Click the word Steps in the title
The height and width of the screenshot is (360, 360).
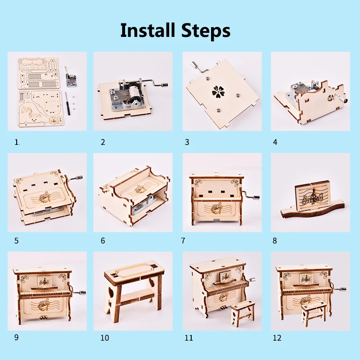(x=206, y=31)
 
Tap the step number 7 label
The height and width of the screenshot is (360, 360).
(x=183, y=241)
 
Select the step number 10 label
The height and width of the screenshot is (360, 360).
(x=105, y=338)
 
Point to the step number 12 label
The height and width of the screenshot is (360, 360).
(x=277, y=338)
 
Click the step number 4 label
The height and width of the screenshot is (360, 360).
(x=275, y=142)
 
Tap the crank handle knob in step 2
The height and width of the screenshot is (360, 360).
(x=165, y=85)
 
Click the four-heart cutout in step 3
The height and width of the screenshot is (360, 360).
(x=218, y=91)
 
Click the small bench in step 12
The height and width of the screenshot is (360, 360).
(x=314, y=314)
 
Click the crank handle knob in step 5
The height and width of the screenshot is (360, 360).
(x=80, y=177)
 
